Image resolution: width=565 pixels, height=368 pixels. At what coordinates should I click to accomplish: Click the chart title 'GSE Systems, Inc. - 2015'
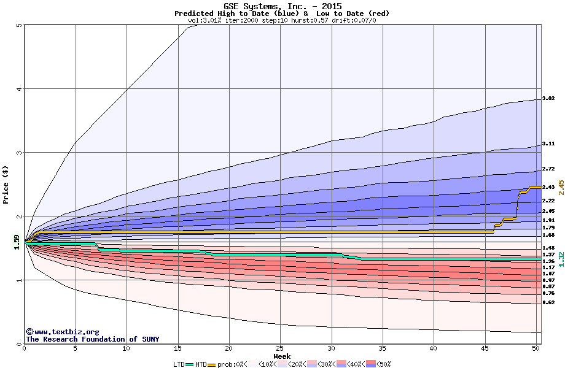point(282,6)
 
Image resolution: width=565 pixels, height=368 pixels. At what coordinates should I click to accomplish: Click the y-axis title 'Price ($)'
point(6,185)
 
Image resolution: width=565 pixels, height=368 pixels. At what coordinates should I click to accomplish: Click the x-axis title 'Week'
point(282,356)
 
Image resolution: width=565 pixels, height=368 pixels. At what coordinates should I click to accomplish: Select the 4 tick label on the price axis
point(19,89)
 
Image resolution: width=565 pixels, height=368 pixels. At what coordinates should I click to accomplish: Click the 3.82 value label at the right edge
point(548,99)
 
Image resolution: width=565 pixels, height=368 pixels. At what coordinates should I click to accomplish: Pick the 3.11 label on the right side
point(548,144)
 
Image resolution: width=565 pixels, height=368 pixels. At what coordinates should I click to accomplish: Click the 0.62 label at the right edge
point(548,302)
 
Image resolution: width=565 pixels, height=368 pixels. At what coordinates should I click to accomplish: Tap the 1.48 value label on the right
point(548,248)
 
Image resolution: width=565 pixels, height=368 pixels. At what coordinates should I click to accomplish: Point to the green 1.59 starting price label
point(17,243)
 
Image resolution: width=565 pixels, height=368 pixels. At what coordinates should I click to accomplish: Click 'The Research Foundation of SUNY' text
point(90,339)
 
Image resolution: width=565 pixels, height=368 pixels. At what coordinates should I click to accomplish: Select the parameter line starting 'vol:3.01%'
point(282,20)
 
